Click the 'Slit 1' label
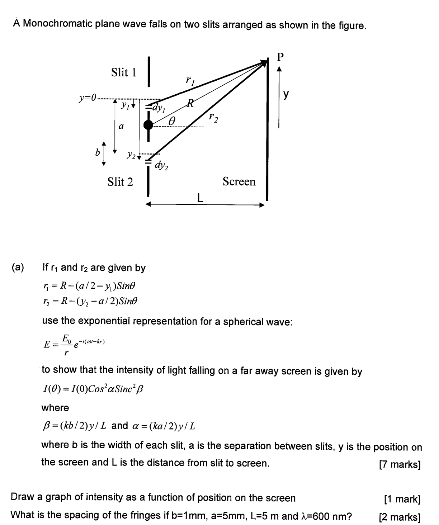(124, 72)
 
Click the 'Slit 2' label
(120, 182)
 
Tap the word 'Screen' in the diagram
(239, 181)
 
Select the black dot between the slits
(148, 125)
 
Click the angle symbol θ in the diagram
(172, 121)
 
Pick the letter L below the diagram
(200, 197)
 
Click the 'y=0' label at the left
(88, 98)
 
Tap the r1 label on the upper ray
(190, 80)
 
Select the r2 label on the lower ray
(213, 117)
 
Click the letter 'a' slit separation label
(121, 126)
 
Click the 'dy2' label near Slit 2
(161, 165)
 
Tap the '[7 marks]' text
(400, 464)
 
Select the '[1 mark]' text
(402, 499)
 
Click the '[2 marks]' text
(400, 517)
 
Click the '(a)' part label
(18, 268)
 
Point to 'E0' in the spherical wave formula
(66, 338)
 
